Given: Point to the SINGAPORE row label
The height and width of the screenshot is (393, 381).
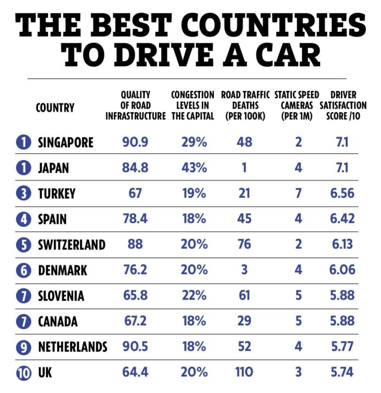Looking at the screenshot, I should coord(66,142).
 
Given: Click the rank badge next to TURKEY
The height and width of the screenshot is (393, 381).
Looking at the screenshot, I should coord(23,193).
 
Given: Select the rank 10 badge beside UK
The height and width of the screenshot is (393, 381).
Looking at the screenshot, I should coord(23,373).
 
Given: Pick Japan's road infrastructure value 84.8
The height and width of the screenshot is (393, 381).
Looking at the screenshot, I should coord(135,168).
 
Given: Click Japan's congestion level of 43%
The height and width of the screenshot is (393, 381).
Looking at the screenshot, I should coord(194,168).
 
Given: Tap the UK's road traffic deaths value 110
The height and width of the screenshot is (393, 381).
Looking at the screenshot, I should coord(244,372).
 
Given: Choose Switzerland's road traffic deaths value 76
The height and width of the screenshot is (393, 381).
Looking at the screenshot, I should coord(244,245).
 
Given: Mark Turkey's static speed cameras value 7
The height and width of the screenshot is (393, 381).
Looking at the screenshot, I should coord(298,193).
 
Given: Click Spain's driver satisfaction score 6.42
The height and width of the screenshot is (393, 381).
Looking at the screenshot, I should coord(343,219).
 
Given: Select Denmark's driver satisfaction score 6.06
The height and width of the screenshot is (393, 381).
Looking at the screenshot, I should coord(343,270).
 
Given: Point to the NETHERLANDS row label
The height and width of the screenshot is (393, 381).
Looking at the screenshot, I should coord(72,347).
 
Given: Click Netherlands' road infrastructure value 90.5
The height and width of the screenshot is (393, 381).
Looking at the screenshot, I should coord(135,347).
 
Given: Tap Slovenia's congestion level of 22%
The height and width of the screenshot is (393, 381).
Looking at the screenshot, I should coord(194,296).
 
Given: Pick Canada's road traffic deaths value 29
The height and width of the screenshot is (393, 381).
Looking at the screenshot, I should coord(244,321).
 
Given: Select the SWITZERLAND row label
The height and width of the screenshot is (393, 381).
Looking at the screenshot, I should coord(72,245).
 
